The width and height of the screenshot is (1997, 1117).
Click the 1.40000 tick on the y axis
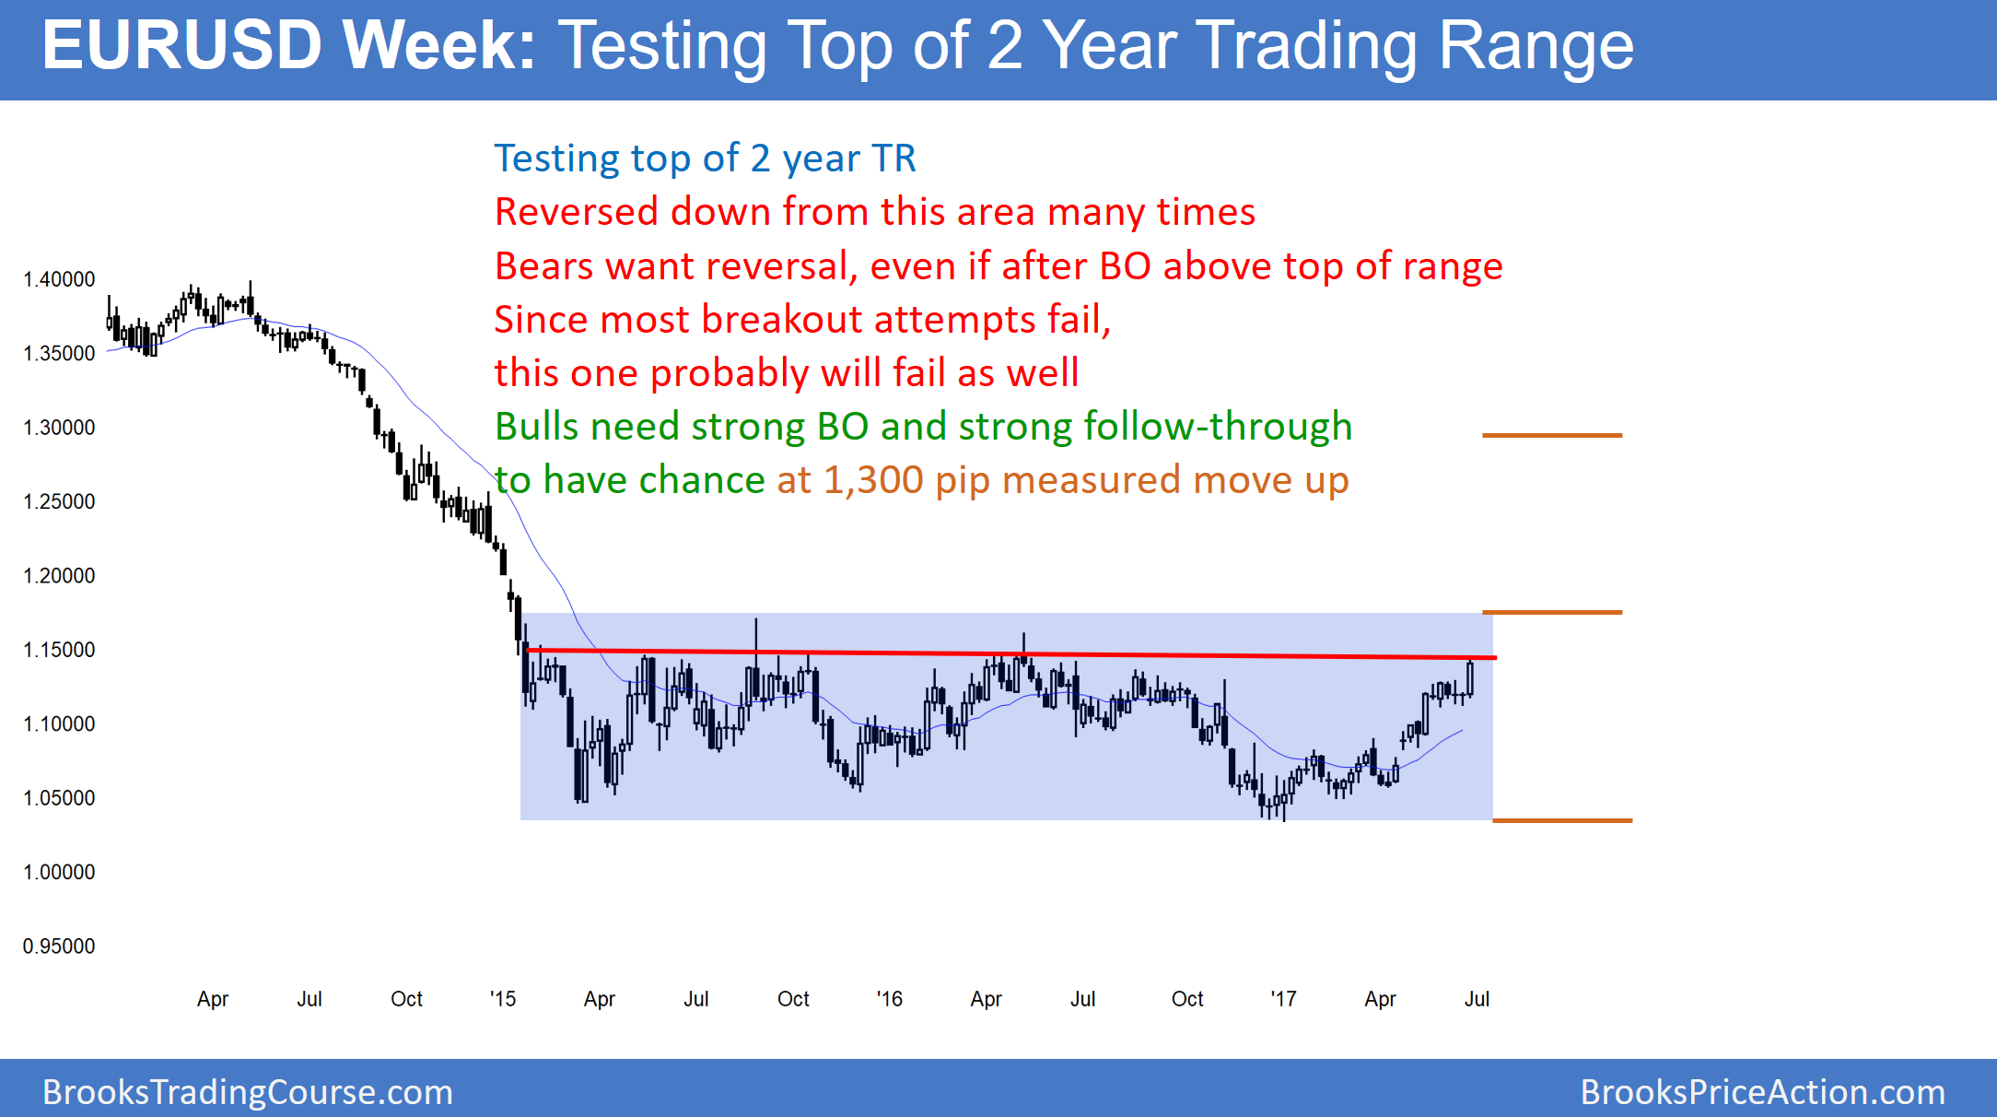tap(59, 279)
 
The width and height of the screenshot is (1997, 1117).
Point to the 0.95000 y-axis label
tap(59, 947)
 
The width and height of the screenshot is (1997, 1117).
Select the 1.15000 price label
tap(59, 650)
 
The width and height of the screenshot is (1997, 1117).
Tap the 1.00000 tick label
tap(59, 872)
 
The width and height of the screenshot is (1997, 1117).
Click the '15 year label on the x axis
tap(502, 999)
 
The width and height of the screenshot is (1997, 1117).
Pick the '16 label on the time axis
tap(889, 999)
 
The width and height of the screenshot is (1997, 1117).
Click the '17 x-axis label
tap(1283, 999)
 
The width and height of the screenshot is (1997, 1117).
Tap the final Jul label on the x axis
tap(1477, 999)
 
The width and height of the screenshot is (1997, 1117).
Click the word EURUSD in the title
tap(181, 46)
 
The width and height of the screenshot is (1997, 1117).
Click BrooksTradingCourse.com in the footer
tap(248, 1092)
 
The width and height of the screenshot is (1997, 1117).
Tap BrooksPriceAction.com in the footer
tap(1762, 1092)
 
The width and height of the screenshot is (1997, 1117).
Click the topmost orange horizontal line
tap(1552, 435)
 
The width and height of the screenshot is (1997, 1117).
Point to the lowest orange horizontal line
tap(1562, 820)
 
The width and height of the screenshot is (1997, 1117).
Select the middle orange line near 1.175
tap(1552, 612)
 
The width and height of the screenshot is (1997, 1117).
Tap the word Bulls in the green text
tap(534, 427)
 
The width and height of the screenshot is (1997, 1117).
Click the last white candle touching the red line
tap(1469, 678)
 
